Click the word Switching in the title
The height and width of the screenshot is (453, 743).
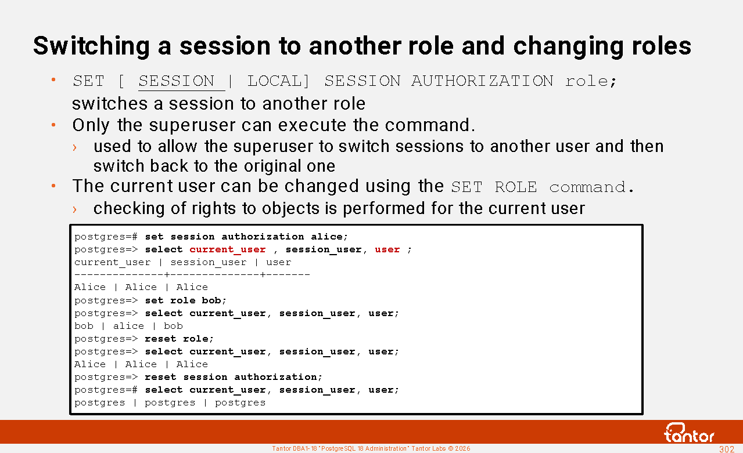(92, 46)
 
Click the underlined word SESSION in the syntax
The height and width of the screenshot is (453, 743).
(177, 81)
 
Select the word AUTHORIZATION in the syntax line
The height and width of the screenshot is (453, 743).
(482, 81)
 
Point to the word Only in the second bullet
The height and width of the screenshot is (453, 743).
(91, 125)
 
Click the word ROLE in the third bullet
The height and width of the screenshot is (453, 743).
(515, 187)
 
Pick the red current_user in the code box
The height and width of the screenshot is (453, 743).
(228, 249)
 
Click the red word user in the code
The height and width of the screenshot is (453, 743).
(387, 249)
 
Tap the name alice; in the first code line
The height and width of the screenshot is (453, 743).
(329, 237)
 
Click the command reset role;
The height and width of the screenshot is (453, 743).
(179, 339)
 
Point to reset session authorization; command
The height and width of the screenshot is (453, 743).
(234, 377)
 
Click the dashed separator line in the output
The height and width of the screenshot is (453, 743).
(192, 274)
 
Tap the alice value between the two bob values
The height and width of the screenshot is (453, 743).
(129, 326)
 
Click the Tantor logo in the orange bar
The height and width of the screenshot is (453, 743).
(689, 433)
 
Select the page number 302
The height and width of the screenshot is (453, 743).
(726, 449)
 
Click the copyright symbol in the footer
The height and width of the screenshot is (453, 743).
(450, 448)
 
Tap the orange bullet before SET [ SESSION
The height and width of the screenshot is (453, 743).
(53, 79)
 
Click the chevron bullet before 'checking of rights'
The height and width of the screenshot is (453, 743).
(74, 209)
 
